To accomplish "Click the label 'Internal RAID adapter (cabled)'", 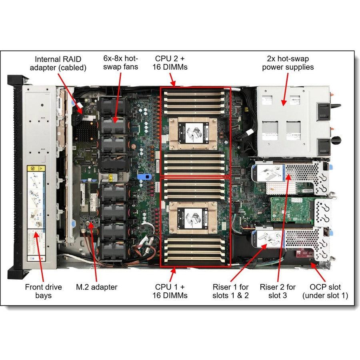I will click(61, 63).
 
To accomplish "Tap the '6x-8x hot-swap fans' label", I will click(120, 63).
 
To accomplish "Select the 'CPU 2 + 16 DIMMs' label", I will click(170, 63).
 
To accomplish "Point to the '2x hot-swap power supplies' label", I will click(288, 63).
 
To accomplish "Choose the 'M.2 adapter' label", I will click(97, 287).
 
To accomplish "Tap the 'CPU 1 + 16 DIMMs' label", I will click(170, 291).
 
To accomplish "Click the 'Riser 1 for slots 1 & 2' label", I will click(231, 291).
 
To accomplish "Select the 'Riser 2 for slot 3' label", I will click(278, 291).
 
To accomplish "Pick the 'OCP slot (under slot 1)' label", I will click(325, 291).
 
